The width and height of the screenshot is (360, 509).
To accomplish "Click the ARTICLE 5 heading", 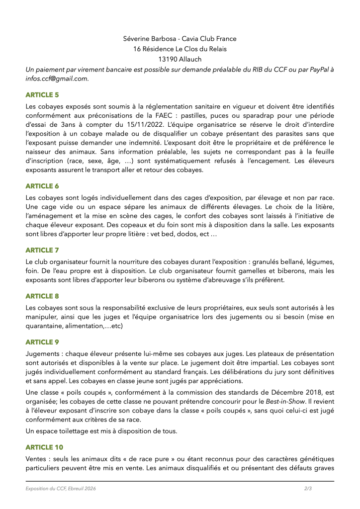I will point(42,93).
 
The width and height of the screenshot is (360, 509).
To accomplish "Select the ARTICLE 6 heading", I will point(42,186).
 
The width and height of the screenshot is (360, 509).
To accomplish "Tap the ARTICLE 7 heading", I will point(42,250).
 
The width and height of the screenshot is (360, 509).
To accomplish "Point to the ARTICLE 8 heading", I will point(42,296).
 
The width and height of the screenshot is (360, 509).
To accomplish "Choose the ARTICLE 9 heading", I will point(42,342).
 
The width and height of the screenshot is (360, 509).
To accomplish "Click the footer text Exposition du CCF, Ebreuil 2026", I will point(61,489).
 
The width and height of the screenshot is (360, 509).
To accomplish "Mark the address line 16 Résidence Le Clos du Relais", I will point(180,49).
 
